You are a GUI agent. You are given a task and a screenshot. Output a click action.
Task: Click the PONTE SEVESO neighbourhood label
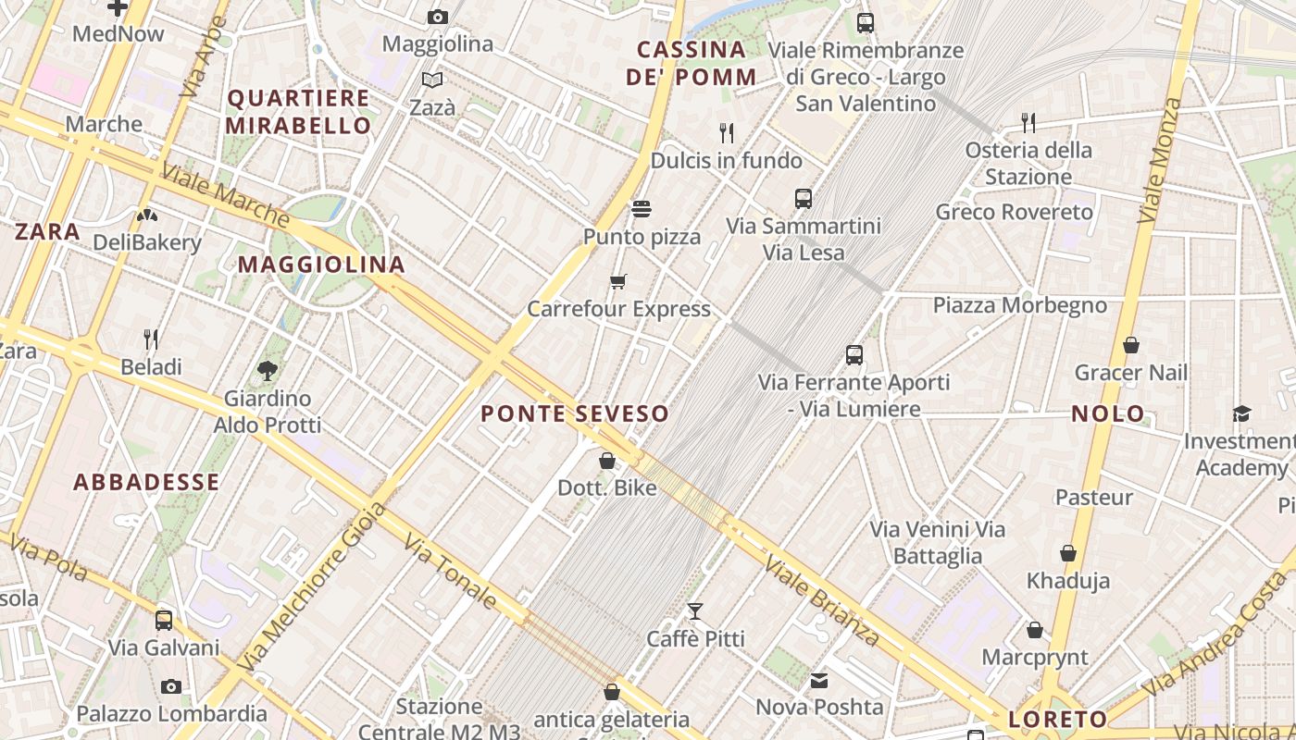[x=574, y=413]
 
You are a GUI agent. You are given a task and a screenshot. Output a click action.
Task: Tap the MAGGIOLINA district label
[x=322, y=265]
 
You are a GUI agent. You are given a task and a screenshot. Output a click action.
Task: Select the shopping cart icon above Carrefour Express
[x=617, y=281]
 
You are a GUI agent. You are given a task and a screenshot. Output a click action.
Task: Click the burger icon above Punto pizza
[x=641, y=209]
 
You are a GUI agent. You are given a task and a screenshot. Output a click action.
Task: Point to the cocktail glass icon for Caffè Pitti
[x=695, y=610]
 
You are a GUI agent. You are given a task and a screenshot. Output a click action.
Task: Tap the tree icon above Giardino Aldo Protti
[x=268, y=371]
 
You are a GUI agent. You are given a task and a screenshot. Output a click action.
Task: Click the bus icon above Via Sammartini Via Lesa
[x=803, y=198]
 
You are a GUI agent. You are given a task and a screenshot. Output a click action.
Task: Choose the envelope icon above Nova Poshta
[x=819, y=681]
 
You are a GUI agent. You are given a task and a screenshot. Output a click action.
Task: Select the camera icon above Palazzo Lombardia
[x=171, y=686]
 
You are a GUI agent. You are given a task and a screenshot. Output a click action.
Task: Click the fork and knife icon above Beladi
[x=151, y=339]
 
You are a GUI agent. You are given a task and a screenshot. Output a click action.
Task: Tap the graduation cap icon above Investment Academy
[x=1241, y=413]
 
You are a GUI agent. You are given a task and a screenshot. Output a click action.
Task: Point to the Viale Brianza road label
[x=822, y=601]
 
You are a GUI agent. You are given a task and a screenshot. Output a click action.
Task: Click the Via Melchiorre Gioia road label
[x=312, y=587]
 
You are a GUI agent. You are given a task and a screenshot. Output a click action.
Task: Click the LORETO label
[x=1058, y=719]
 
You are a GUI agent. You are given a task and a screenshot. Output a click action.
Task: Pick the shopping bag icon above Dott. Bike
[x=607, y=460]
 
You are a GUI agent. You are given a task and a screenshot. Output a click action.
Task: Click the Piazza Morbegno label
[x=1019, y=305]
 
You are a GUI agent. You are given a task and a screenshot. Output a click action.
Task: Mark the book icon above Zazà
[x=432, y=80]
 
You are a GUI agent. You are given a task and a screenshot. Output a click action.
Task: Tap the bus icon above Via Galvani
[x=164, y=620]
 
